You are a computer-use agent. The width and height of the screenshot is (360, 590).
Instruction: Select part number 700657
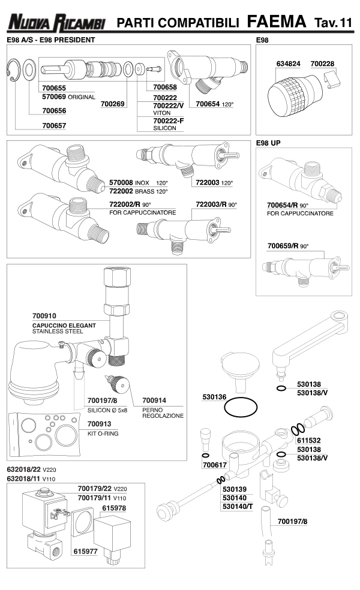[x=54, y=126]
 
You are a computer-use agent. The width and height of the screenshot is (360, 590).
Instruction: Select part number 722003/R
[x=212, y=204]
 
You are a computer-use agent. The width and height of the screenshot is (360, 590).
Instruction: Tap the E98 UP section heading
[x=269, y=144]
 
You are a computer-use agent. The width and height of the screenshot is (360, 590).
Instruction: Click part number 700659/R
[x=284, y=246]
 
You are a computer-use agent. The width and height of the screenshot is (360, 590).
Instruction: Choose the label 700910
[x=45, y=315]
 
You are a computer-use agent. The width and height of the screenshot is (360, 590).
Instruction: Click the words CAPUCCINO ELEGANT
[x=64, y=324]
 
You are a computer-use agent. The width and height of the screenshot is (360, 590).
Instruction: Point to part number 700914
[x=154, y=401]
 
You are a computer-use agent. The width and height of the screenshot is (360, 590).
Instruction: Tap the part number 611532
[x=311, y=440]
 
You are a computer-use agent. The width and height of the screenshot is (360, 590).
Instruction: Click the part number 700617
[x=214, y=464]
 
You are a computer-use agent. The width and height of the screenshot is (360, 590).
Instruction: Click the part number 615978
[x=114, y=507]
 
